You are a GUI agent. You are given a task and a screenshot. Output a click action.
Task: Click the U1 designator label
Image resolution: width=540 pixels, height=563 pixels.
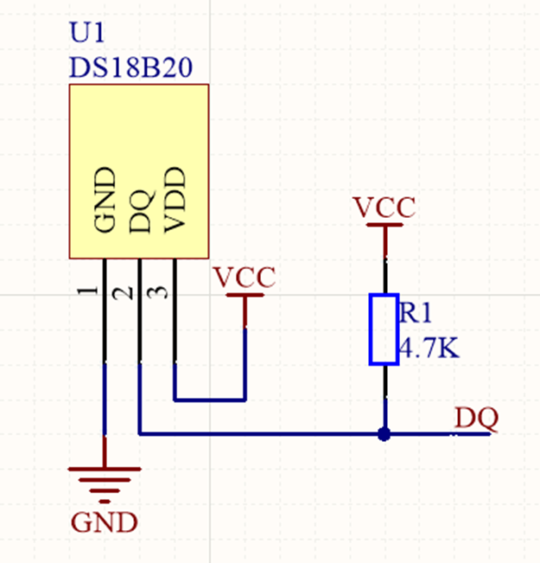point(86,36)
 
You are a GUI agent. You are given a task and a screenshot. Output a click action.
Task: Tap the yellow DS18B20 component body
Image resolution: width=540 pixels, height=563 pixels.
point(139,130)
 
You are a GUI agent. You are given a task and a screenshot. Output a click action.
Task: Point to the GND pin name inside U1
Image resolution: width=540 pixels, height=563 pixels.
point(105,201)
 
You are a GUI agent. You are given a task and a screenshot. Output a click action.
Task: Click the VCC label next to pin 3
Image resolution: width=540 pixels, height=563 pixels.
point(245,278)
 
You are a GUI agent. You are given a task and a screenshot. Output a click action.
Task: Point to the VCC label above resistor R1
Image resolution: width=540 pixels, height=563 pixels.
point(384,208)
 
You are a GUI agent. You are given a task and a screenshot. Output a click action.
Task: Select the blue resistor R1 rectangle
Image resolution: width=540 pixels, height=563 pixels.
point(384,329)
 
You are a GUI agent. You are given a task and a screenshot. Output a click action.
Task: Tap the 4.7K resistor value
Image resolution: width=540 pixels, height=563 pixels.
point(428,350)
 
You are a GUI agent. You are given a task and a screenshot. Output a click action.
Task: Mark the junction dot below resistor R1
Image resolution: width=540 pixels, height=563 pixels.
point(384,434)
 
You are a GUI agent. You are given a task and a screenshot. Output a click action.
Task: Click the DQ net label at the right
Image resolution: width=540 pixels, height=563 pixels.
point(476,419)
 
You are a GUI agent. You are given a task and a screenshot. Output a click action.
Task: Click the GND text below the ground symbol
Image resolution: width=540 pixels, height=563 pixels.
point(105,522)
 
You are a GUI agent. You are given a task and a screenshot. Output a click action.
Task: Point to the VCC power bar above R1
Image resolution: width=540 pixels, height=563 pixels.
point(384,225)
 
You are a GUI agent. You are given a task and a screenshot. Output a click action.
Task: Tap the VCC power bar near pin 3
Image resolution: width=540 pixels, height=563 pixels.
point(245,296)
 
